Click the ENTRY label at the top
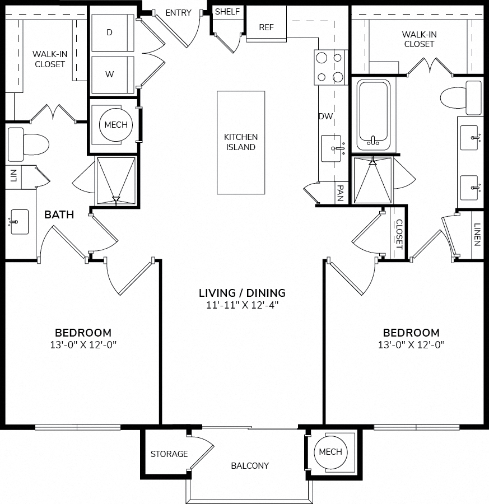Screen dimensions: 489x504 (179, 13)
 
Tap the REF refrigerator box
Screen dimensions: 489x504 (266, 24)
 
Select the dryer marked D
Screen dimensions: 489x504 (113, 32)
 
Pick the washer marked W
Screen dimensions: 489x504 (113, 74)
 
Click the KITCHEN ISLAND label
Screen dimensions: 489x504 (241, 142)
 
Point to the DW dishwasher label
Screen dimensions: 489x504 (325, 116)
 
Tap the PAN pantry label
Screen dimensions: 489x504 (341, 193)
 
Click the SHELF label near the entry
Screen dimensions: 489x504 (227, 12)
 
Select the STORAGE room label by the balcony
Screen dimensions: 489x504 (169, 454)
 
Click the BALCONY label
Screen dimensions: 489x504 (250, 466)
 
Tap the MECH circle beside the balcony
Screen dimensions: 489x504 (330, 451)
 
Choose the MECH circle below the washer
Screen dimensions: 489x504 (116, 125)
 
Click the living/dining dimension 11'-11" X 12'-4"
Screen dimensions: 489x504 (242, 305)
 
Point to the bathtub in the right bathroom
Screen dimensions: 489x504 (374, 114)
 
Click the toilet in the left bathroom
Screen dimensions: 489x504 (28, 144)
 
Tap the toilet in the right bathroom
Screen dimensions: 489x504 (461, 97)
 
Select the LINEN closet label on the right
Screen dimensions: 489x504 (477, 235)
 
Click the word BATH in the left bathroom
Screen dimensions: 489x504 (59, 214)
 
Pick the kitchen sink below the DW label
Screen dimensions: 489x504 (333, 148)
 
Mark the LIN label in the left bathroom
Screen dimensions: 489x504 (13, 176)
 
